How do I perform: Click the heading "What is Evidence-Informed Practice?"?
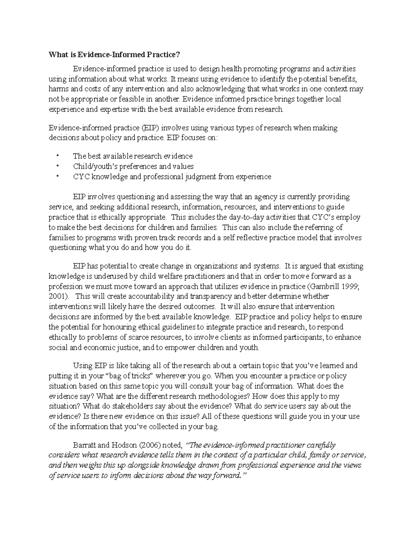[114, 55]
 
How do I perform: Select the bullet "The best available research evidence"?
[133, 156]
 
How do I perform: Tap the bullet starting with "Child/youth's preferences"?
[133, 166]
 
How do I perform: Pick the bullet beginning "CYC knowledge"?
[172, 177]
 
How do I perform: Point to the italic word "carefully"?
[321, 445]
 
